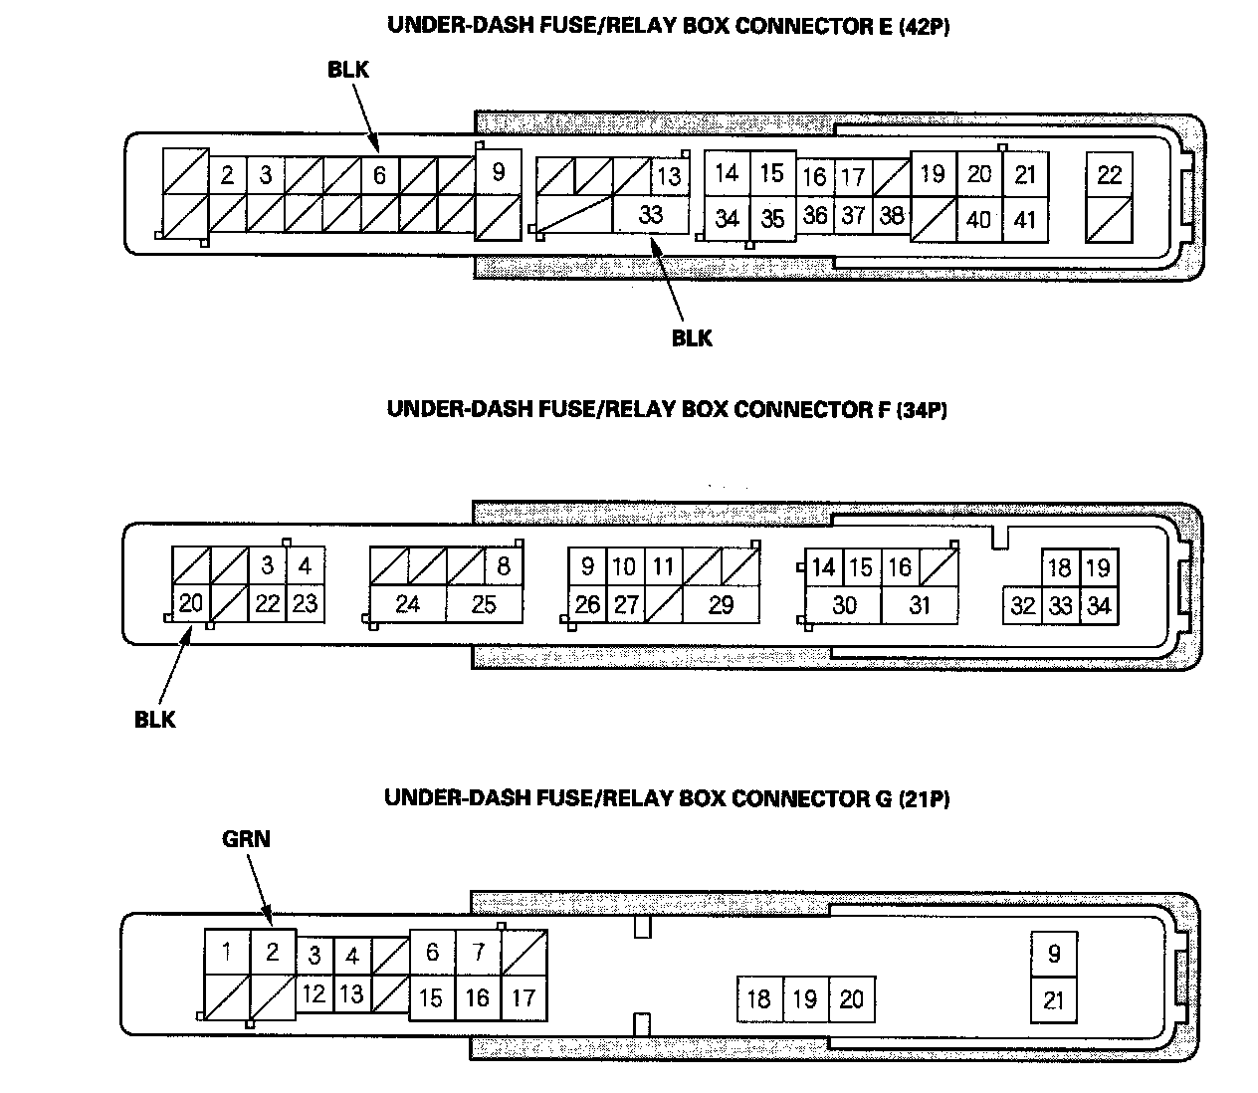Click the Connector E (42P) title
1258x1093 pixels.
click(669, 26)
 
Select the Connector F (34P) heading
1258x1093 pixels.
click(667, 409)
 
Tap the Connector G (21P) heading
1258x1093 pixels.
click(667, 798)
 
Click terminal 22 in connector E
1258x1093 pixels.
click(1109, 175)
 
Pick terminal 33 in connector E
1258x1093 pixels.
click(651, 215)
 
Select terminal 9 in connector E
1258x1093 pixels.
click(498, 173)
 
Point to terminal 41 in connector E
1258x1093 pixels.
click(1025, 219)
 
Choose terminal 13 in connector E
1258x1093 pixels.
click(670, 176)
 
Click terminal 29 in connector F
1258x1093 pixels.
click(721, 605)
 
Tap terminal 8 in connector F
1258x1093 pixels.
click(504, 566)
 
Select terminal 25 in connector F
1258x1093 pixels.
click(484, 605)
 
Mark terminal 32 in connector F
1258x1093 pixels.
click(1022, 606)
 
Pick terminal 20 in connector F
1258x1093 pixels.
click(191, 603)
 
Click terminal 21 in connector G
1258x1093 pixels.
click(1053, 1000)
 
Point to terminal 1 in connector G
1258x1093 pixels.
click(227, 952)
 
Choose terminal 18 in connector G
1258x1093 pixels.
click(759, 999)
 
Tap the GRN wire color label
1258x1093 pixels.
click(246, 839)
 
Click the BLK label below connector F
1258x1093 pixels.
click(155, 720)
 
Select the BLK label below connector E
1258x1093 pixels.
click(692, 338)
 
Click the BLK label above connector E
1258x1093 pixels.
click(348, 70)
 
